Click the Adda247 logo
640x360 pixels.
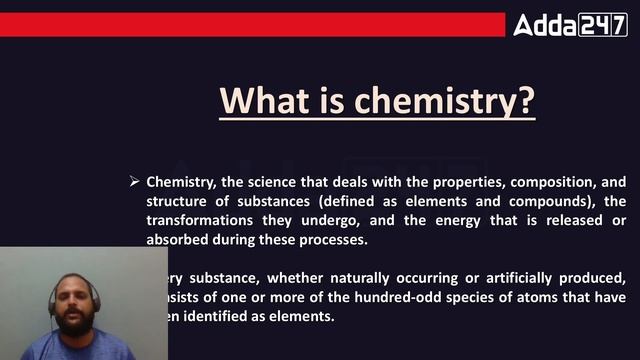(570, 24)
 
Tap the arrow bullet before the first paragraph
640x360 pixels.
(133, 181)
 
